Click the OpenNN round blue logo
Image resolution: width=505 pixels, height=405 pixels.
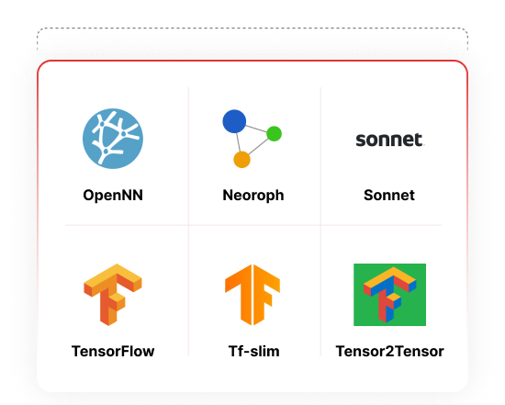(x=113, y=139)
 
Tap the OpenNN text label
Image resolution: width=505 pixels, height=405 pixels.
(x=113, y=196)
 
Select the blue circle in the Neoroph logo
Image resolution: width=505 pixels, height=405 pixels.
(x=234, y=121)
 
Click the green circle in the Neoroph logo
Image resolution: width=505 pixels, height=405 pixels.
(x=275, y=134)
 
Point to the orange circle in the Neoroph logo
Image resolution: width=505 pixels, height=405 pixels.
(x=241, y=160)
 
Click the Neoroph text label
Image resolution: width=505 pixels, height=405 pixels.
(x=253, y=196)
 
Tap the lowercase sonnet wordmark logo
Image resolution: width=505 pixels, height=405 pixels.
(x=389, y=140)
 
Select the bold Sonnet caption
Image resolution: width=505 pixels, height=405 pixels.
(x=389, y=196)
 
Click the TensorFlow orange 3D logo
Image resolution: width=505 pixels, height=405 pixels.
(x=113, y=295)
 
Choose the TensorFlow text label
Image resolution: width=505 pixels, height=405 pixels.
(x=113, y=351)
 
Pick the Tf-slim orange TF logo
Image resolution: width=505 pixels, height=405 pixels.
(x=252, y=295)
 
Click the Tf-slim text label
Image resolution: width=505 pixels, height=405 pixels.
(x=253, y=351)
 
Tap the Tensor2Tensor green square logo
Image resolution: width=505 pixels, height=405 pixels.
(x=389, y=295)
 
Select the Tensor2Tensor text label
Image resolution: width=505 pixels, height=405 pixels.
(x=389, y=351)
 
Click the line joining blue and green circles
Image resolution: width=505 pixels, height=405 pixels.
(x=256, y=129)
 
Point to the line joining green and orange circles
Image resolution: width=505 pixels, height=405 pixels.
(x=259, y=147)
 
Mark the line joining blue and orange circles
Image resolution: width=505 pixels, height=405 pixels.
(x=238, y=142)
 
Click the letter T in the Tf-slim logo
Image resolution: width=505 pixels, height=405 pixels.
(x=239, y=294)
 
